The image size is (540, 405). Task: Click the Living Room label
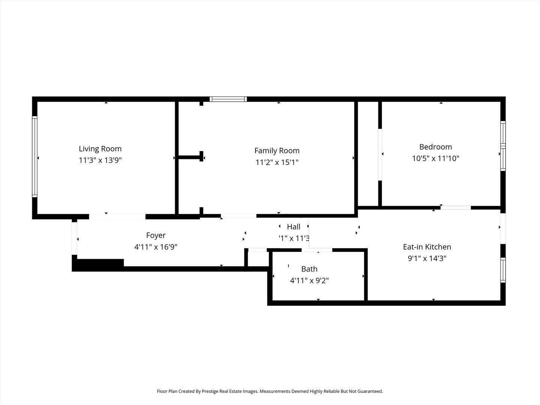pos(100,148)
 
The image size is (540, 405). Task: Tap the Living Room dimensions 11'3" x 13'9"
pos(100,160)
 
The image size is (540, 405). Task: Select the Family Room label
pos(277,151)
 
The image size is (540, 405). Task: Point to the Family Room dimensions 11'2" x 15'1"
pos(277,162)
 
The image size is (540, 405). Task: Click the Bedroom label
pos(435,147)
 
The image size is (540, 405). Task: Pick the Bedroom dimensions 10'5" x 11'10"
pos(435,158)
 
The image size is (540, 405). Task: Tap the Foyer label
pos(156,235)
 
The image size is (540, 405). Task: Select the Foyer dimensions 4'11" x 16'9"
pos(156,247)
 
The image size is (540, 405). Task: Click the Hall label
pos(293,227)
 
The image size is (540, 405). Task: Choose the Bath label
pos(309,269)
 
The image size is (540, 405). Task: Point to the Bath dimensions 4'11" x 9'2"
pos(309,280)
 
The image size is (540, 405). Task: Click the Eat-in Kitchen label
pos(427,247)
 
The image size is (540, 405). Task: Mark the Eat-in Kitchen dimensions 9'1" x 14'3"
pos(427,258)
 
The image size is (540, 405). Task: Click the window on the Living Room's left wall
pos(35,157)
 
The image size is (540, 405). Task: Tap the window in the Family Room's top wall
pos(228,99)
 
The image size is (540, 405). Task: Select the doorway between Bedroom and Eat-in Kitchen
pos(455,207)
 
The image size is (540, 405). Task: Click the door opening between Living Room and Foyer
pos(117,217)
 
